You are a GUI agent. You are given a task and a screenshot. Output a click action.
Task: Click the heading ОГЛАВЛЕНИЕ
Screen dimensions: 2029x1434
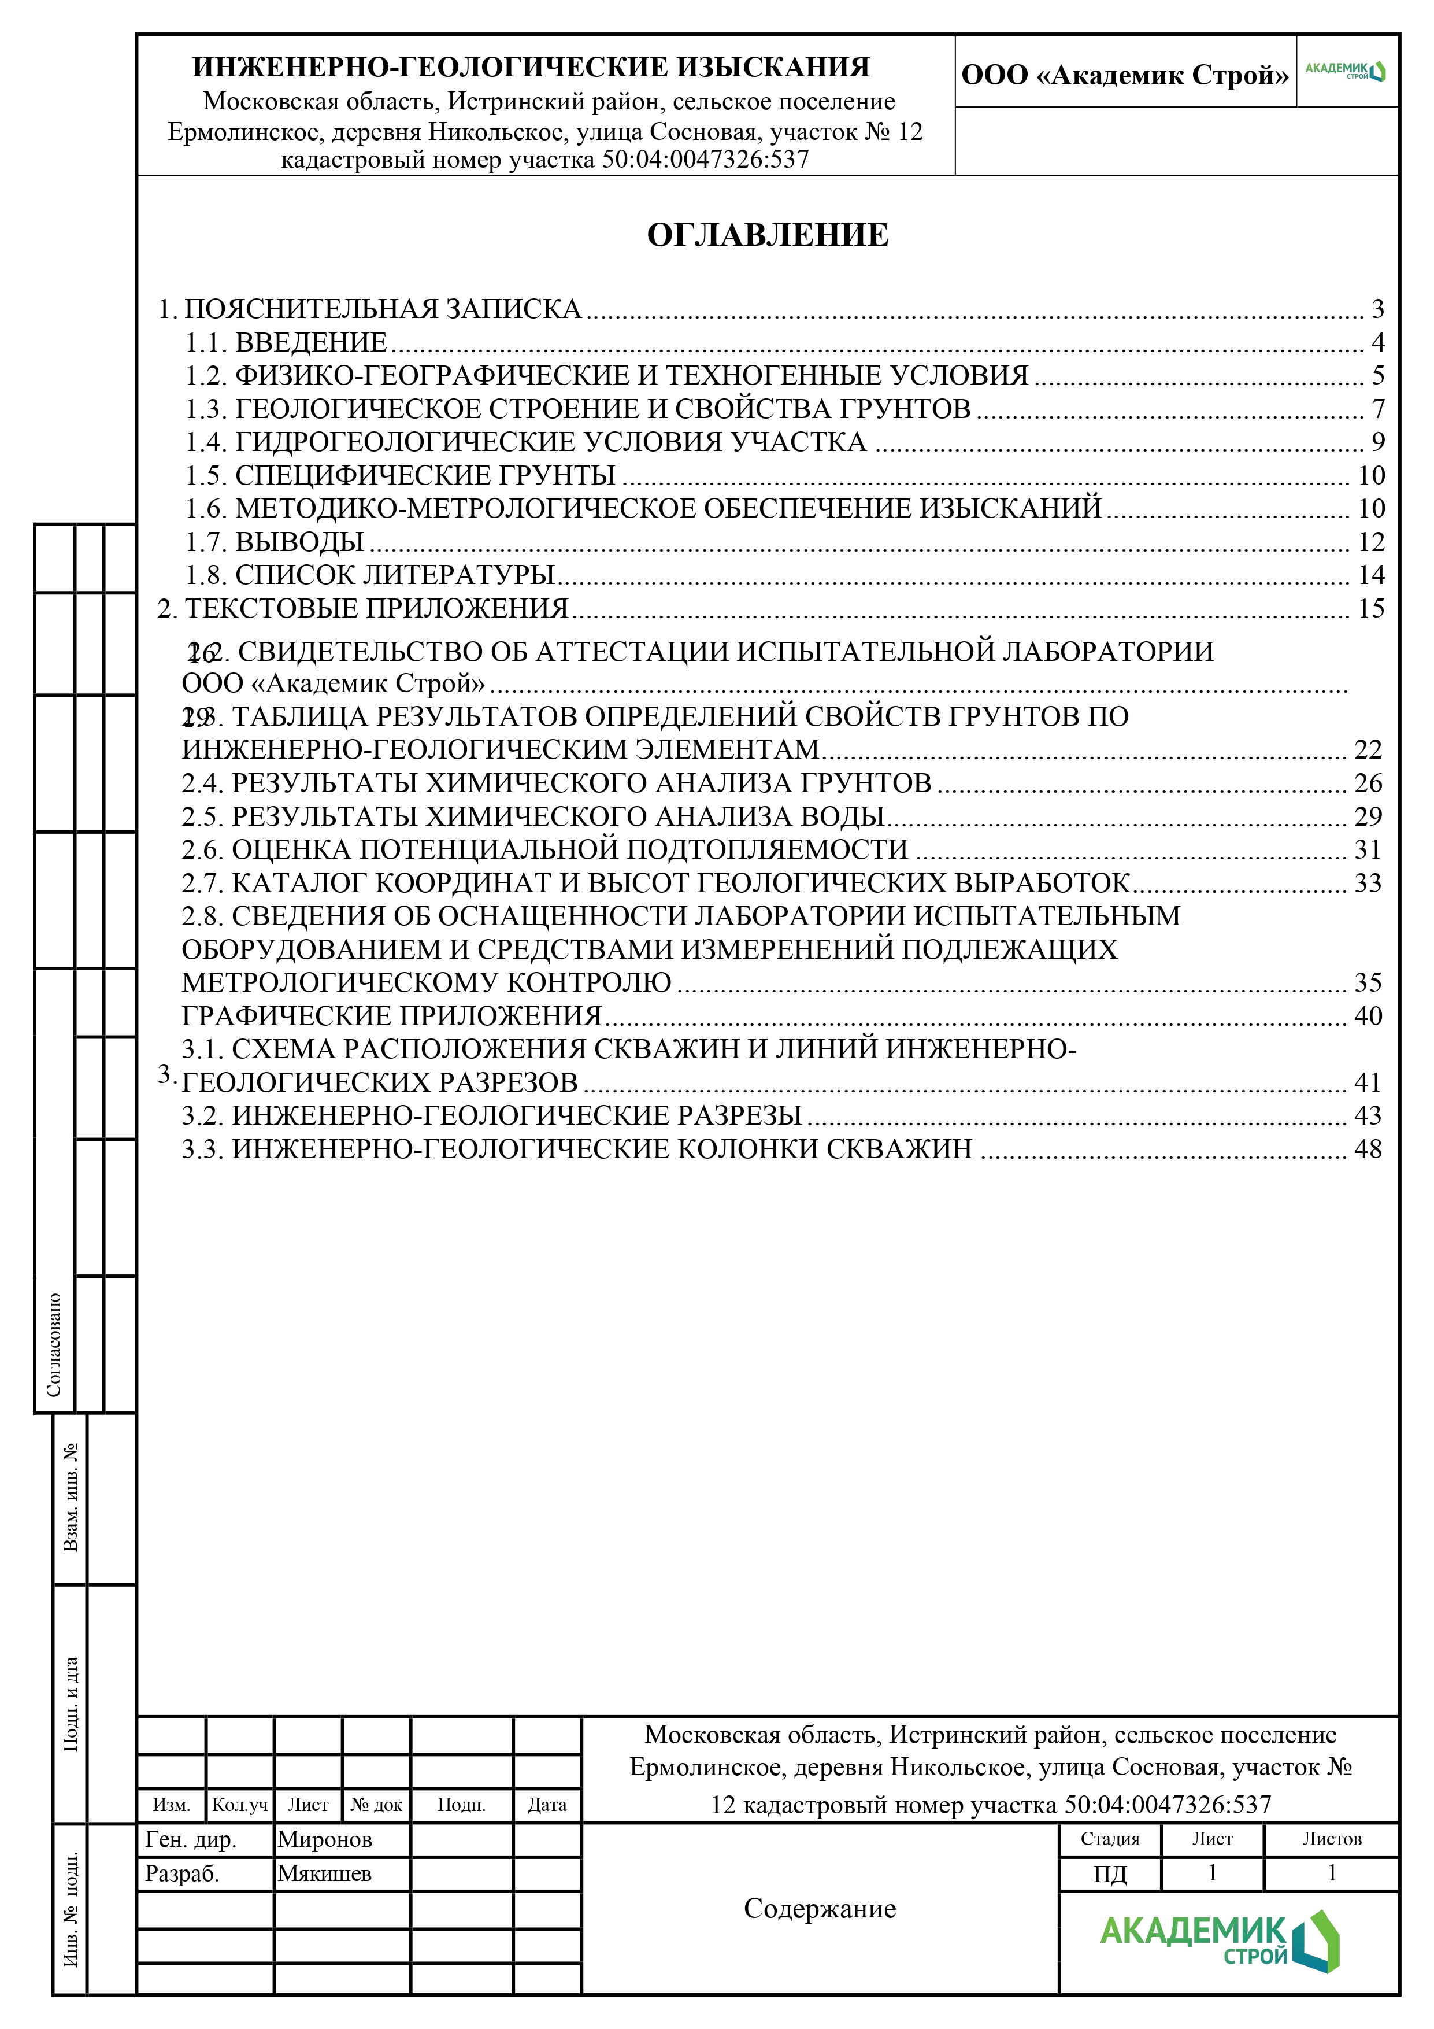point(767,235)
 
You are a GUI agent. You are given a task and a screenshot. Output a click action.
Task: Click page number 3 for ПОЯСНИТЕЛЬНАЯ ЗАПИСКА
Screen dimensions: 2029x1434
point(1377,309)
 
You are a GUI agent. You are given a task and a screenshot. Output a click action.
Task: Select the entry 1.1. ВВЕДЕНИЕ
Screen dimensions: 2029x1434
point(286,343)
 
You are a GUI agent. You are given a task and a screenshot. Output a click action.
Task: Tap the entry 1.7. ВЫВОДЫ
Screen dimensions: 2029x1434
point(275,542)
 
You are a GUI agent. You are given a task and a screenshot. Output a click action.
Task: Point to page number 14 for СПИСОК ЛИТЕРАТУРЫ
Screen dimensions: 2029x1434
point(1370,575)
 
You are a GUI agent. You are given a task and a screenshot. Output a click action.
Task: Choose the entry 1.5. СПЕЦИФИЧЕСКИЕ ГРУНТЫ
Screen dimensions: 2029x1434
point(399,475)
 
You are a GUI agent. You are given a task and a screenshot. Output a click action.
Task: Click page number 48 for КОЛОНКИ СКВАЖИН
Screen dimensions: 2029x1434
point(1368,1149)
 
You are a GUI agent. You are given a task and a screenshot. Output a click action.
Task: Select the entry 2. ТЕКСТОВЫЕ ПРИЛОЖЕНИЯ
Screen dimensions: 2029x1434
point(363,609)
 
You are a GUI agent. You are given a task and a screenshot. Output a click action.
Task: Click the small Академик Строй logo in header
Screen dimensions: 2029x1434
point(1345,72)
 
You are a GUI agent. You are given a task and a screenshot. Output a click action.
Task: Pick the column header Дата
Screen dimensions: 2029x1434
point(546,1805)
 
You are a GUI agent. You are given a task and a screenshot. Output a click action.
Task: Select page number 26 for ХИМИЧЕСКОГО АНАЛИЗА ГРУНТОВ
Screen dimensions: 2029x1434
point(1368,783)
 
